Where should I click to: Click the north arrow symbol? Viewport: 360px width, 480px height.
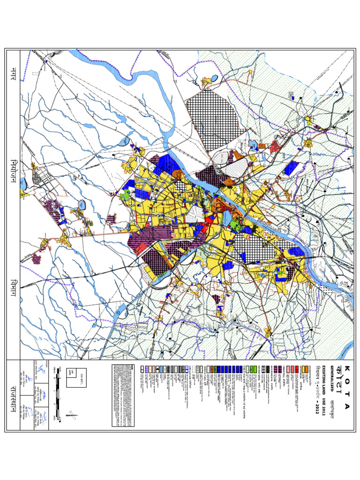click(x=72, y=413)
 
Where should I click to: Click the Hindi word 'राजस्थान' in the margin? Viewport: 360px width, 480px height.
click(x=12, y=396)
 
